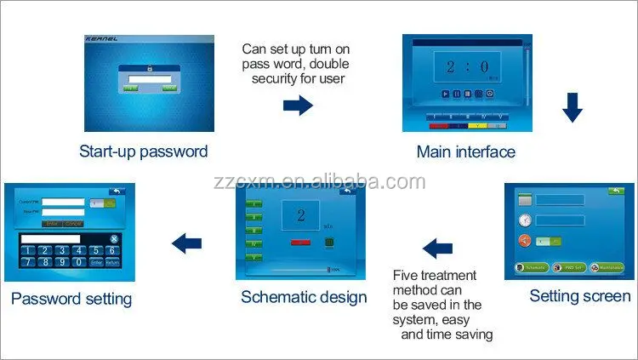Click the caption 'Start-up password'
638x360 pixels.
(x=143, y=151)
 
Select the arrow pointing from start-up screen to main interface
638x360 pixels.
(x=297, y=105)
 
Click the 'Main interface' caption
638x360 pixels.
(x=465, y=152)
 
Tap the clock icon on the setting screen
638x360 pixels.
(x=525, y=220)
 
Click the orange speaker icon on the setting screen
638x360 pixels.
(x=525, y=241)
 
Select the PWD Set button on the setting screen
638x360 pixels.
(x=568, y=268)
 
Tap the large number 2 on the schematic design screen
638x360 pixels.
(x=300, y=214)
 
